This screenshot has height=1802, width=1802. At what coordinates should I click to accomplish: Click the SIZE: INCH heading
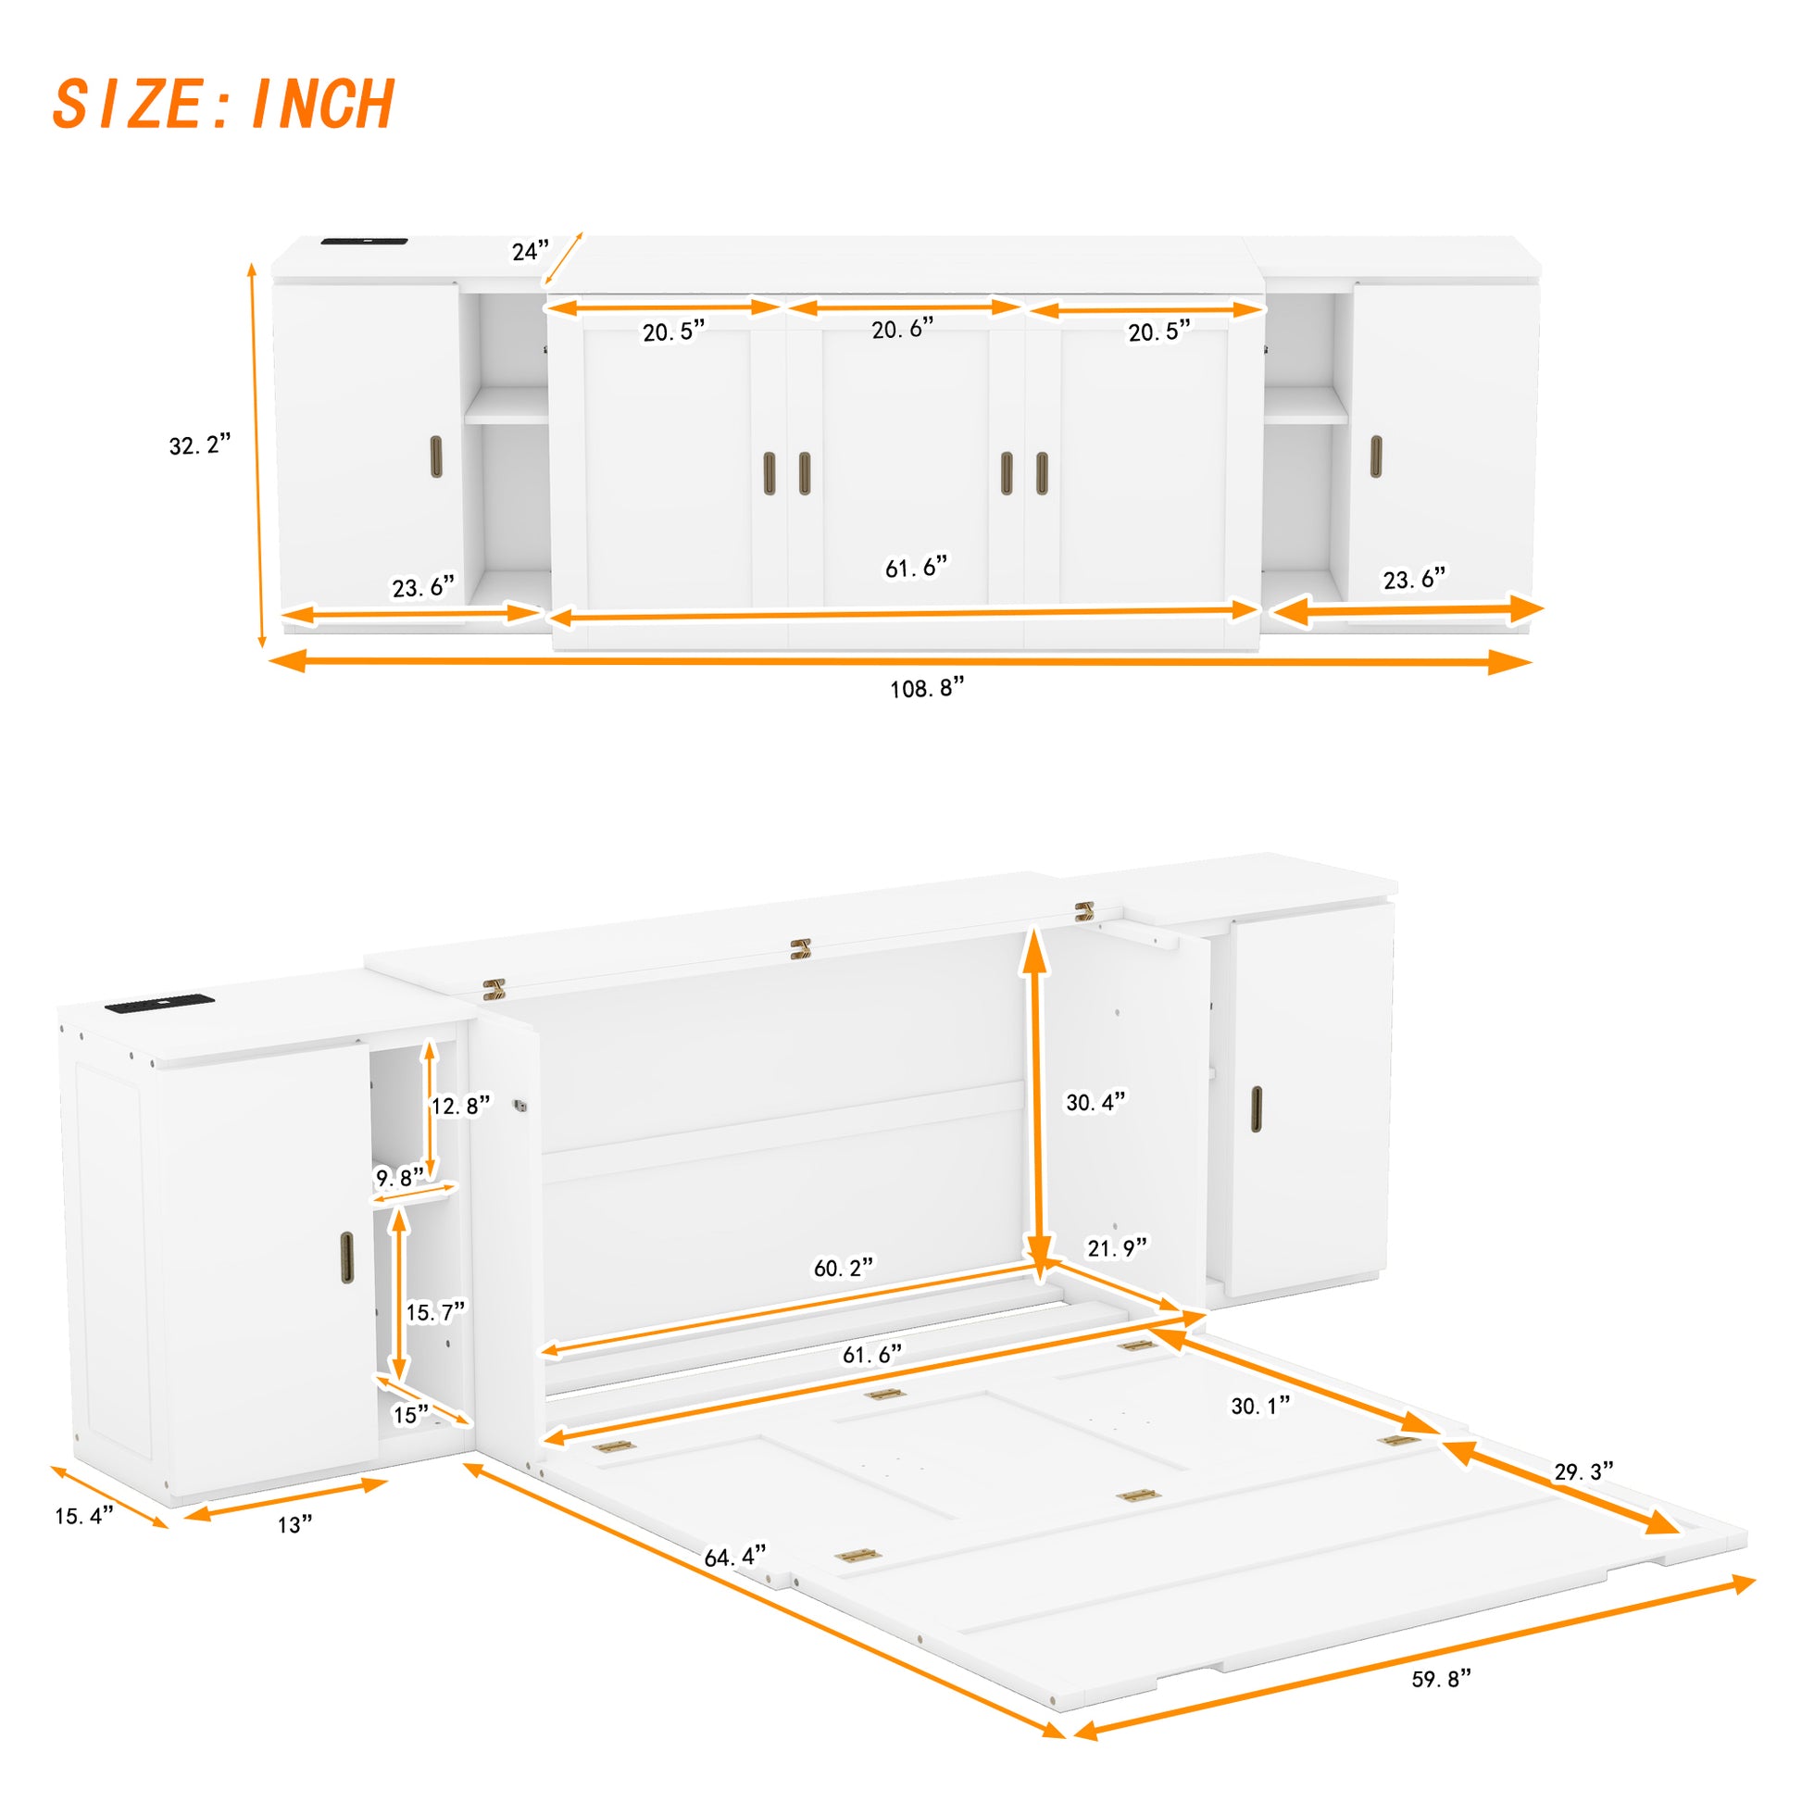[x=224, y=104]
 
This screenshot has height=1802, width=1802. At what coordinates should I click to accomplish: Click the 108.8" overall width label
[x=926, y=689]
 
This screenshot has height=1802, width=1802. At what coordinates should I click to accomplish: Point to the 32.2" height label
[x=200, y=444]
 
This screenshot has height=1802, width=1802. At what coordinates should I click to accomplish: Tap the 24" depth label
[x=530, y=251]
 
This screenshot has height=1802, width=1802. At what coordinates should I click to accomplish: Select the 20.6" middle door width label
[x=902, y=330]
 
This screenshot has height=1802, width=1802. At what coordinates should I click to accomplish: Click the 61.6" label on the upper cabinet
[x=916, y=567]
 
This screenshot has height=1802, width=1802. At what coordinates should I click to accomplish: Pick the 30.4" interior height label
[x=1096, y=1103]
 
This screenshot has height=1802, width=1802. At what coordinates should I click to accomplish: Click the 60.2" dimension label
[x=844, y=1269]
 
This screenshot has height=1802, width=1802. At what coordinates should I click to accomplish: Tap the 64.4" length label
[x=735, y=1557]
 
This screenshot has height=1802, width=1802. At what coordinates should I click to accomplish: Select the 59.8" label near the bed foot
[x=1441, y=1679]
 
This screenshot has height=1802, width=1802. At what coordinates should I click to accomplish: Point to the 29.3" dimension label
[x=1583, y=1471]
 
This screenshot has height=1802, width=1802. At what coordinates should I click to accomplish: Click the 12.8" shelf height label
[x=460, y=1107]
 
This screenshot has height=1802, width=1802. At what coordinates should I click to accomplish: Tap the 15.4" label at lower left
[x=84, y=1516]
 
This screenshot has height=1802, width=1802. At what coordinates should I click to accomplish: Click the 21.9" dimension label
[x=1118, y=1248]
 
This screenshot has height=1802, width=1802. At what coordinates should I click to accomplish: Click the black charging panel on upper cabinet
[x=364, y=243]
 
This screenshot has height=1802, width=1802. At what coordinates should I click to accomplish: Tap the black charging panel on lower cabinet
[x=159, y=1006]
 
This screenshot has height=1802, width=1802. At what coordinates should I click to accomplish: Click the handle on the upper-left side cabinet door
[x=436, y=457]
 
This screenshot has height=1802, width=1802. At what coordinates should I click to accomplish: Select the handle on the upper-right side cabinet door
[x=1376, y=457]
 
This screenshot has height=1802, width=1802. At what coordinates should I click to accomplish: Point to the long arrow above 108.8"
[x=900, y=661]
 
